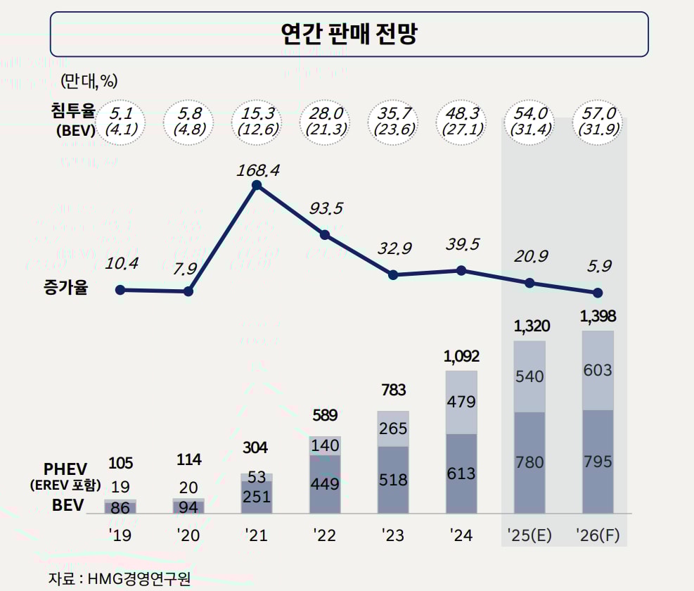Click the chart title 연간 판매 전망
[x=349, y=33]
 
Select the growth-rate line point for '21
[x=257, y=186]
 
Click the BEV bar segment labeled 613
[x=461, y=474]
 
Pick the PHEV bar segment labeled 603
[x=598, y=370]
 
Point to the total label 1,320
[x=531, y=326]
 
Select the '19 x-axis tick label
[x=120, y=535]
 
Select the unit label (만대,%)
[x=89, y=80]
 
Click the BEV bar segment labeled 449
[x=325, y=484]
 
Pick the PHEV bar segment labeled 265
[x=393, y=428]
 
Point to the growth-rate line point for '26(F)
[x=598, y=293]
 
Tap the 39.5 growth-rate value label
[x=463, y=244]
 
